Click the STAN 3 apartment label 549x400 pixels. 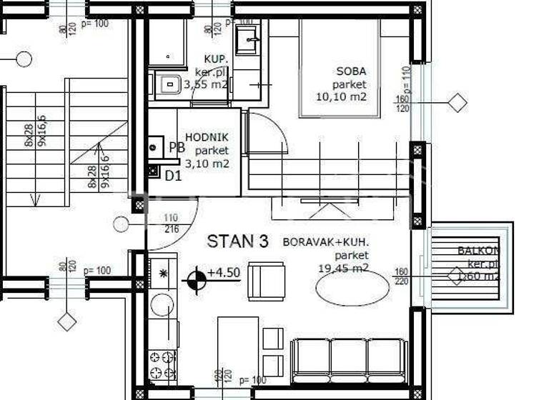(x=237, y=241)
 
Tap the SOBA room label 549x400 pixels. (x=351, y=71)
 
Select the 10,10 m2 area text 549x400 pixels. (x=341, y=96)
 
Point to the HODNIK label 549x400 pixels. (x=207, y=138)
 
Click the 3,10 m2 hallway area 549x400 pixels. (x=207, y=164)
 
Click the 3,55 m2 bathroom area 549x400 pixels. (x=206, y=84)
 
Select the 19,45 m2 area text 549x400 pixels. (x=343, y=268)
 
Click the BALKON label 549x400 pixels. (x=478, y=251)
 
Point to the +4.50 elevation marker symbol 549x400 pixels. (x=194, y=279)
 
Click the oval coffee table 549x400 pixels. (x=352, y=288)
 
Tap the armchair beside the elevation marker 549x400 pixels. (x=266, y=281)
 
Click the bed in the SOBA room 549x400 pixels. (x=339, y=67)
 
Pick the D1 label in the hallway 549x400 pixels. (x=173, y=174)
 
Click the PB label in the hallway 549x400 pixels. (x=177, y=148)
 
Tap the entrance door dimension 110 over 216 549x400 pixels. (x=171, y=223)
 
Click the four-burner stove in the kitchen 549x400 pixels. (x=162, y=365)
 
